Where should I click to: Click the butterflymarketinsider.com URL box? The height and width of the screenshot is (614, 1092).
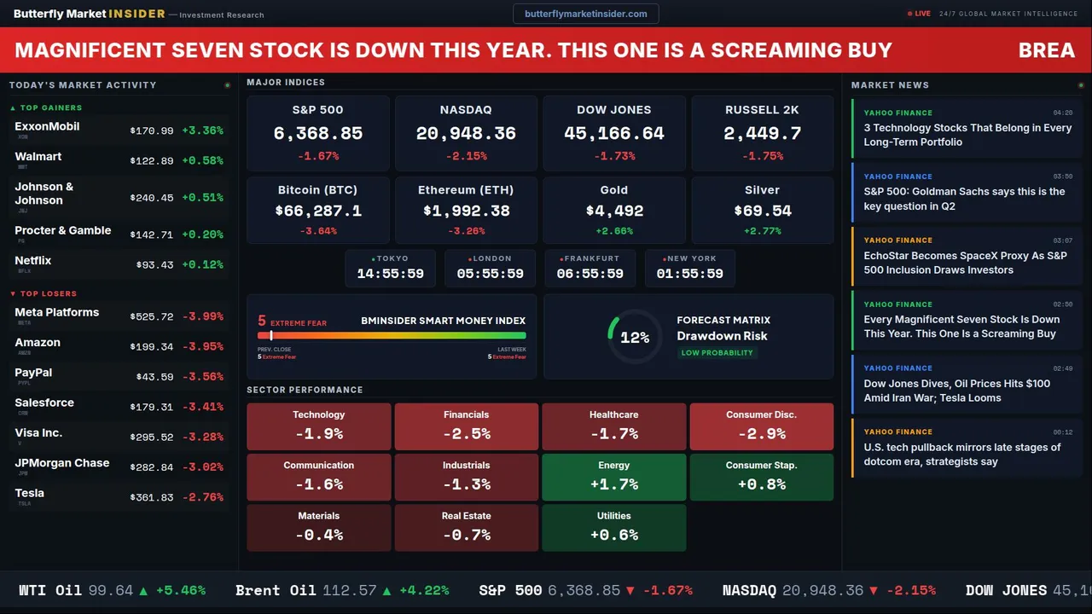pyautogui.click(x=586, y=14)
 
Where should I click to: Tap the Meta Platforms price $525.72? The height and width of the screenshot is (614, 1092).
pyautogui.click(x=152, y=316)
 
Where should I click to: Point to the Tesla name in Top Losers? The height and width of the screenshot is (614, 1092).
pyautogui.click(x=30, y=493)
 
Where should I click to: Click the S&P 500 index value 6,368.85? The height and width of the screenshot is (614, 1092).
pyautogui.click(x=317, y=134)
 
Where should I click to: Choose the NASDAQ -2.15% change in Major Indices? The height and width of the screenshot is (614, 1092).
pyautogui.click(x=466, y=156)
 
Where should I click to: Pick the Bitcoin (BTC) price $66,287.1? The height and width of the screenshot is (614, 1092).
pyautogui.click(x=317, y=211)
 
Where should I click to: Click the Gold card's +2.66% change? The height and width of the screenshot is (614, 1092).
pyautogui.click(x=613, y=231)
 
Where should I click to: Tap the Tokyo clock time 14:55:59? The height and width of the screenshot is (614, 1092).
pyautogui.click(x=390, y=274)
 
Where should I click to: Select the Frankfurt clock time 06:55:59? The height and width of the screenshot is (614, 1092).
pyautogui.click(x=590, y=274)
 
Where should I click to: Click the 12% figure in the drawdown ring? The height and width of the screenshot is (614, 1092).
pyautogui.click(x=635, y=338)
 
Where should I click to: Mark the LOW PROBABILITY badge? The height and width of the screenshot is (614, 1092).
pyautogui.click(x=717, y=353)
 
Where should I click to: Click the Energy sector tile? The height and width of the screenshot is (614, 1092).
pyautogui.click(x=613, y=477)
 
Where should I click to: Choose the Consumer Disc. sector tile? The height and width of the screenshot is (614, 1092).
pyautogui.click(x=761, y=426)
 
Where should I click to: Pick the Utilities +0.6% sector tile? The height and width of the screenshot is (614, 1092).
pyautogui.click(x=613, y=527)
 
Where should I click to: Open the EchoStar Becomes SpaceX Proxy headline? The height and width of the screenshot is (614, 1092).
pyautogui.click(x=965, y=263)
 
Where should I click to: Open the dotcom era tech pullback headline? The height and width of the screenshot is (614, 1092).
pyautogui.click(x=961, y=455)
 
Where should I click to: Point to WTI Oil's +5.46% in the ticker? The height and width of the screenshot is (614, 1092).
pyautogui.click(x=180, y=590)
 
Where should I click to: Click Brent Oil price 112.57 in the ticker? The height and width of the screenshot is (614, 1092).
pyautogui.click(x=350, y=590)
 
